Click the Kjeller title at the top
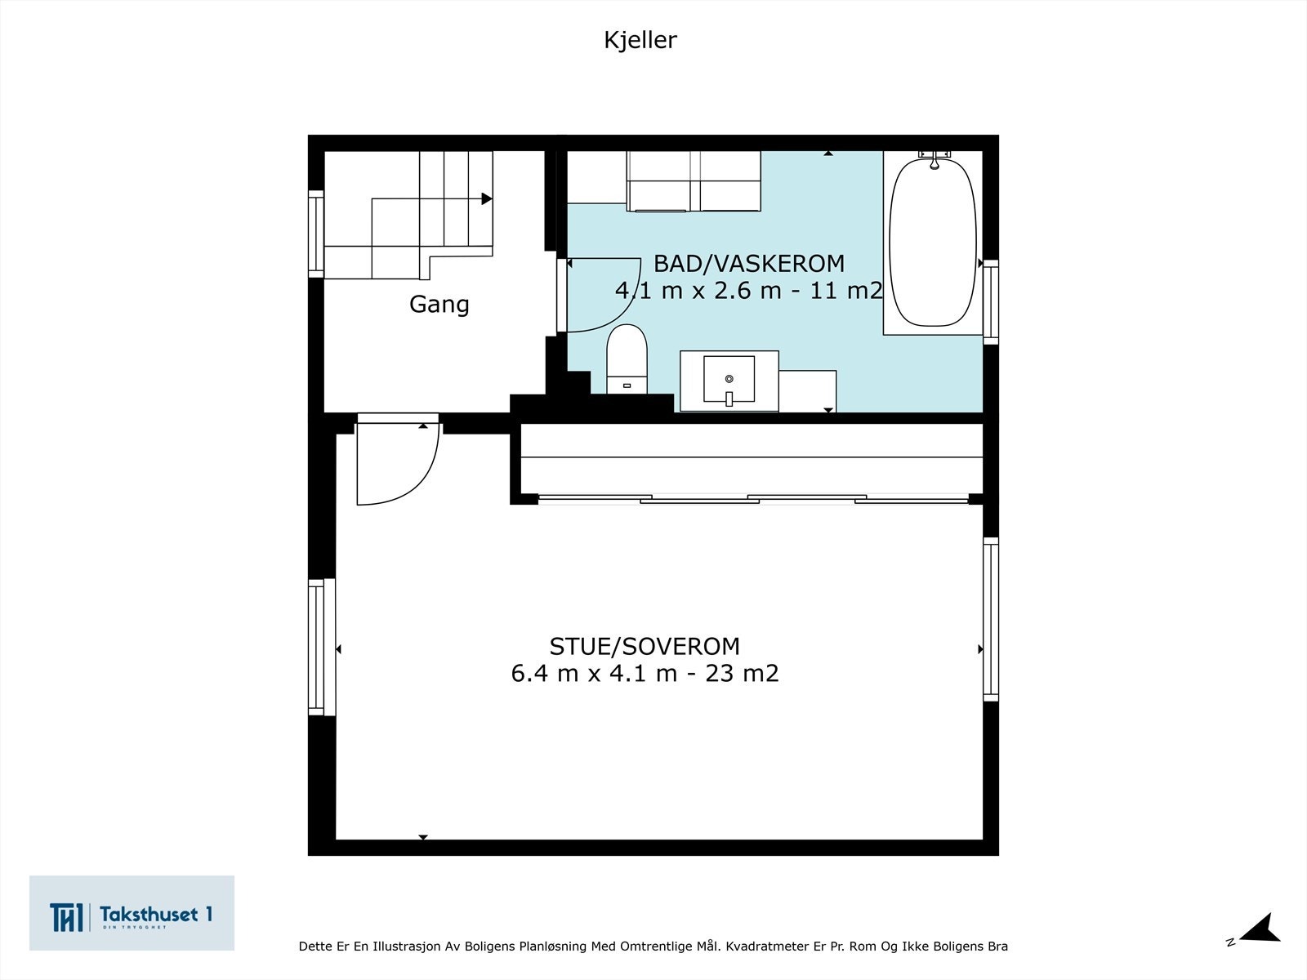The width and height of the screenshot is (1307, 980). [x=640, y=40]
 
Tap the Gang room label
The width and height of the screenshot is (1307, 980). [x=439, y=304]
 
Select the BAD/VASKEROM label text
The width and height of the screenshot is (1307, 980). [x=748, y=264]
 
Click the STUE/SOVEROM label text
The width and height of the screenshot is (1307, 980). [x=644, y=646]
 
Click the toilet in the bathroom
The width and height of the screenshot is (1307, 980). [x=627, y=359]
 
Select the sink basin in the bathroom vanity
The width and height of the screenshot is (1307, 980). [x=729, y=381]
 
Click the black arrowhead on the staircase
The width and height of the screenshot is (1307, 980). [x=487, y=198]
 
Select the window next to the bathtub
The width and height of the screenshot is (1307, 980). [x=990, y=301]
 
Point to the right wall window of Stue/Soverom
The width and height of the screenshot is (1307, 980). [x=990, y=619]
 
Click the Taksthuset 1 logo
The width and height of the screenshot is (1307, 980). [x=132, y=913]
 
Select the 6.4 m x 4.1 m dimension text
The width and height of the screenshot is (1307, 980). [x=644, y=674]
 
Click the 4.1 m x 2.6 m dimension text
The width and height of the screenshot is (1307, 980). [x=748, y=290]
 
